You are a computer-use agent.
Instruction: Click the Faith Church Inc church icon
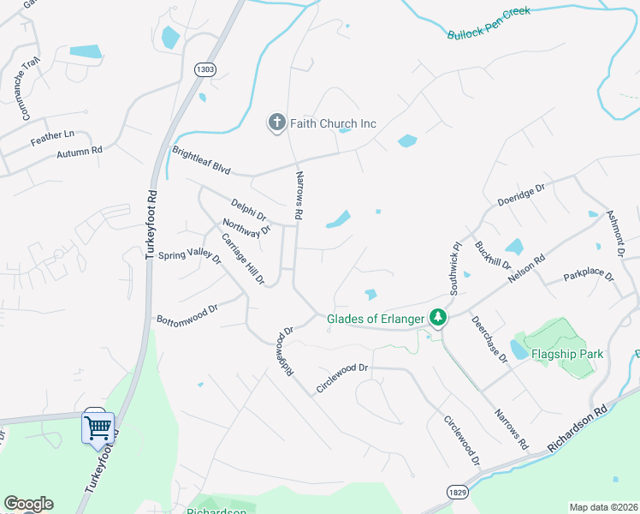point(276,123)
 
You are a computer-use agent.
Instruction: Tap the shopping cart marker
point(98,426)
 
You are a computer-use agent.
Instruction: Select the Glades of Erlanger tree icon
point(438,319)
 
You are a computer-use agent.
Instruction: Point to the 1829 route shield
point(455,491)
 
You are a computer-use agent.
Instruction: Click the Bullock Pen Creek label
point(489,23)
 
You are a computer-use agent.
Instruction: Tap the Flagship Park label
point(567,354)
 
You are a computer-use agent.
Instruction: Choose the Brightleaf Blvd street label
point(202,160)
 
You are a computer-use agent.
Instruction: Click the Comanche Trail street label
point(32,76)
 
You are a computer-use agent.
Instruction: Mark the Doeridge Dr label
point(521,195)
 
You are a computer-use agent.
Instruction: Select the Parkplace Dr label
point(589,277)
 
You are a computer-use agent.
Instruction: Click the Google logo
point(28,504)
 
